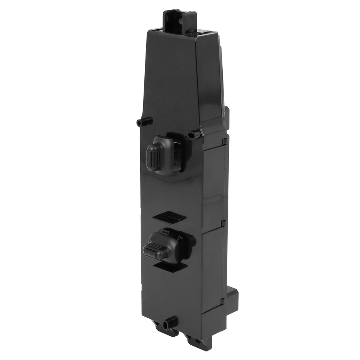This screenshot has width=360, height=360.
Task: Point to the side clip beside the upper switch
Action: [225, 141]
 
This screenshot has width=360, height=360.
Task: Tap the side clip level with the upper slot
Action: [224, 223]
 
